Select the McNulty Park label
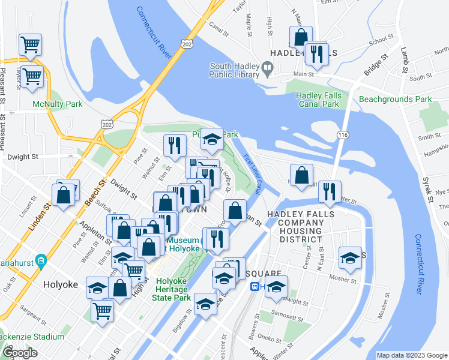[x=58, y=104]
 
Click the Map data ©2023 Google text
[x=411, y=355]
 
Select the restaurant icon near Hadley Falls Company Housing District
[x=329, y=191]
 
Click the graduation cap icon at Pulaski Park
[x=211, y=140]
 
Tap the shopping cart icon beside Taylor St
[x=30, y=44]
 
